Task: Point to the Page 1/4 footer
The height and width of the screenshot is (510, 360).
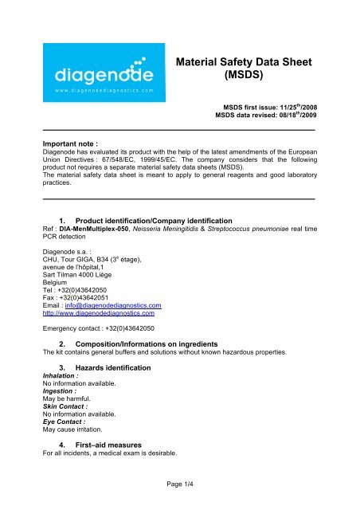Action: point(180,497)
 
